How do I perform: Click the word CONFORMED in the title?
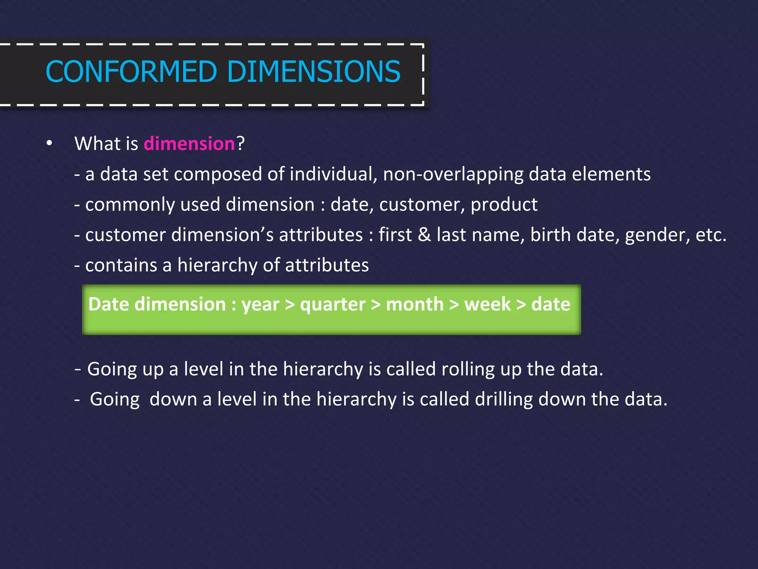[131, 71]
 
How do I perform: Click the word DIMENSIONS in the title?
[313, 71]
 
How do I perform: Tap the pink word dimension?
[189, 144]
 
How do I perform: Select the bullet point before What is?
[49, 144]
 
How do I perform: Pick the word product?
[504, 204]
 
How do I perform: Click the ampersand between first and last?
[425, 235]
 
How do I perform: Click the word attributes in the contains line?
[327, 265]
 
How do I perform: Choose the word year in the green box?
[260, 305]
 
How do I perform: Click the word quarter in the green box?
[333, 305]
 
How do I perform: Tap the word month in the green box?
[415, 304]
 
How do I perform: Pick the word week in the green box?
[487, 304]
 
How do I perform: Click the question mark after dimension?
[241, 144]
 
